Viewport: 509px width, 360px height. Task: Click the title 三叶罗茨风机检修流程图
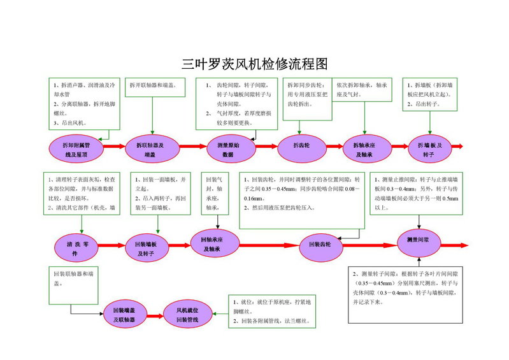tap(254, 64)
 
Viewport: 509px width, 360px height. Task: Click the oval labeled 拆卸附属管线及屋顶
tap(75, 149)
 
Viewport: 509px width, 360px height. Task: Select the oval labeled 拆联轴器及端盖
tap(150, 149)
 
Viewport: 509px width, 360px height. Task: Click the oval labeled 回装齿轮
tap(324, 245)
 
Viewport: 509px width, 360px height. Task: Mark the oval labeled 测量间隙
tap(418, 241)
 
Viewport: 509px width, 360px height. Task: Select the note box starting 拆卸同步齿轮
tap(308, 99)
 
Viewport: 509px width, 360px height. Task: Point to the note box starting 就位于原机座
tap(271, 312)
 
